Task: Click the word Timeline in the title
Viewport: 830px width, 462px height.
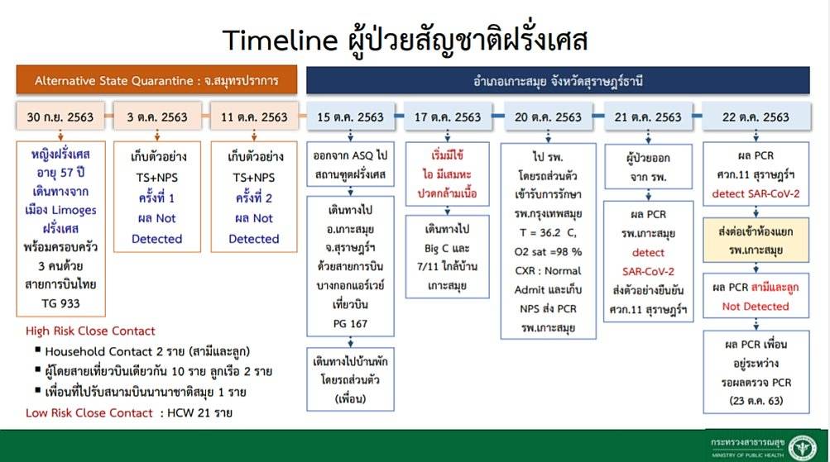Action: point(280,40)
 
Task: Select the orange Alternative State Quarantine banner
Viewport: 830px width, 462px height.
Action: point(156,80)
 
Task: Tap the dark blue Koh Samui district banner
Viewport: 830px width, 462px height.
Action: point(558,81)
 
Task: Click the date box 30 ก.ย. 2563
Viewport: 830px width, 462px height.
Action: point(60,117)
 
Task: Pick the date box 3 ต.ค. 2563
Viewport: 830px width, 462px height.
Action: point(157,117)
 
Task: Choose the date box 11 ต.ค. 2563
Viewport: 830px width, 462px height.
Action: point(254,117)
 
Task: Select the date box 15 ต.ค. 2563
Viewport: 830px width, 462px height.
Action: point(350,117)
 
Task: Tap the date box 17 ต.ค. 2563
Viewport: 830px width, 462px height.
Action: point(448,117)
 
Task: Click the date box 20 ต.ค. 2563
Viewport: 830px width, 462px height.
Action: point(548,117)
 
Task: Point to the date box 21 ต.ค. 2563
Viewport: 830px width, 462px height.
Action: point(648,117)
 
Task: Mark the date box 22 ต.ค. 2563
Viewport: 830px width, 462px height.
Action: point(756,117)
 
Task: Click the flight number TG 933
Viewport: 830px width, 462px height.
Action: point(61,303)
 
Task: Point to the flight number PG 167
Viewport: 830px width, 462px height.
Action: point(350,323)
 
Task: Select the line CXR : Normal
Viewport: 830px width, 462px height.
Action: point(548,270)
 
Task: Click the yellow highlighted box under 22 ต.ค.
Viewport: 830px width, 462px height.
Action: point(756,240)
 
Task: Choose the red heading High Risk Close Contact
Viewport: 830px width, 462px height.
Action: point(90,331)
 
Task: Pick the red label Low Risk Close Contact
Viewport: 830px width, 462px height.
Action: point(89,413)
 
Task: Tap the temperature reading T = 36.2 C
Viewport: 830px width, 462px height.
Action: point(548,232)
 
